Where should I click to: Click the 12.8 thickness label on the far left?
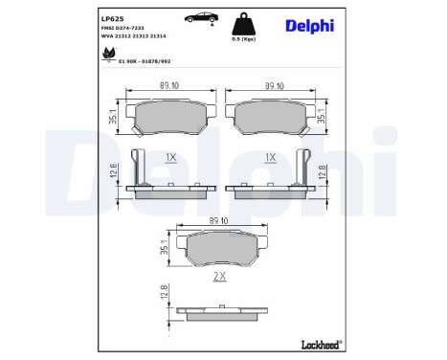pyautogui.click(x=114, y=171)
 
